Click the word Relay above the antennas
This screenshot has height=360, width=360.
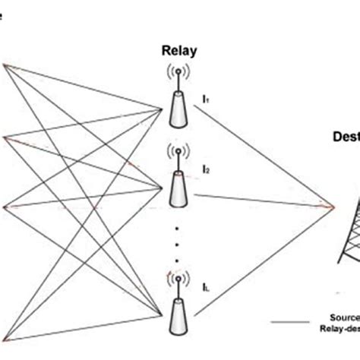pos(180,51)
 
